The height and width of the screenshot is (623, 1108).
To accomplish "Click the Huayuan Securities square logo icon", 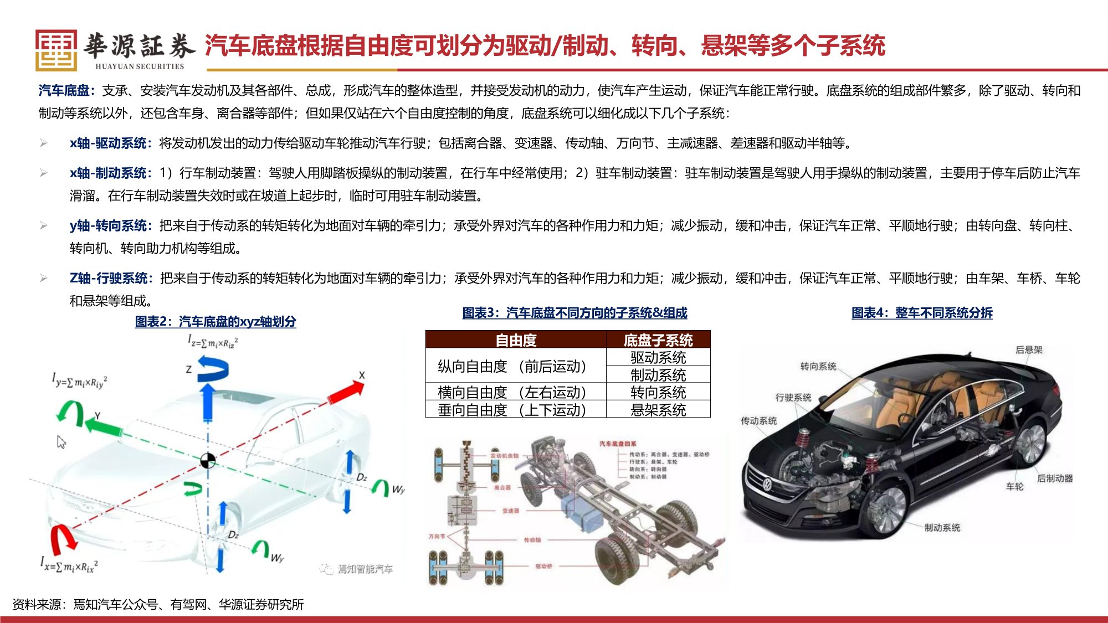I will click(x=56, y=50).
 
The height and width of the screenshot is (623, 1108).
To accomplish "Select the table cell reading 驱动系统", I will click(x=658, y=357).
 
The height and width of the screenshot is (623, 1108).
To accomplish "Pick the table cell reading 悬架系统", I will click(x=658, y=410).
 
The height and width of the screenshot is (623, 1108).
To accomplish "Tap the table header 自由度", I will click(x=516, y=340).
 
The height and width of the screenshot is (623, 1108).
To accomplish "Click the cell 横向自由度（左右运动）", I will click(x=512, y=392).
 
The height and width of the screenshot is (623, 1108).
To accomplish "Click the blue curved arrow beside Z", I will click(x=214, y=369).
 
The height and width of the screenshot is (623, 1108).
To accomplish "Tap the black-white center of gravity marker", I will click(x=208, y=461).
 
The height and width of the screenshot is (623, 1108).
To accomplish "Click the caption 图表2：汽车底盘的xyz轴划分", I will click(x=216, y=321).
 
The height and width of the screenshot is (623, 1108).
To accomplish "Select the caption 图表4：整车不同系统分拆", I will click(x=922, y=313).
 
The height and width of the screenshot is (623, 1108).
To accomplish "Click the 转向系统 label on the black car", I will click(x=818, y=366).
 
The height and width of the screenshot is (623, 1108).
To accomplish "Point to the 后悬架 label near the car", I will click(x=1028, y=349).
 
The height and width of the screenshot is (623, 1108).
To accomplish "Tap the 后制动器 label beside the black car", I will click(x=1054, y=478).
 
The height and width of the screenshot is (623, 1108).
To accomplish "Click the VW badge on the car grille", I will click(x=767, y=485).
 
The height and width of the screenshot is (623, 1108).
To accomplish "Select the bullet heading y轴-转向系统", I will click(x=109, y=225).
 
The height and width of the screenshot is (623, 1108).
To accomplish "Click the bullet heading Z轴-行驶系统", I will click(x=109, y=278).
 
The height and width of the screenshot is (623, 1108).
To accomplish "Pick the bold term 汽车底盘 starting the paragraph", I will click(x=64, y=90).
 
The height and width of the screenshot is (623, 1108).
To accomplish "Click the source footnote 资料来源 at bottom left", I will click(x=158, y=604).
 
